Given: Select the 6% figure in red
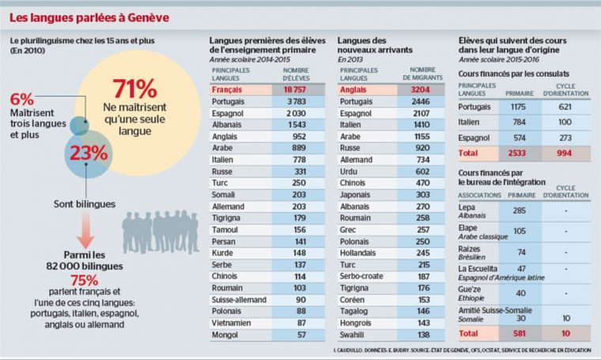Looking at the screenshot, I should click(x=22, y=99).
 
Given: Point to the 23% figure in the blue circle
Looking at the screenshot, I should click(x=88, y=153).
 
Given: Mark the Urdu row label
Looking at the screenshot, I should click(x=348, y=172).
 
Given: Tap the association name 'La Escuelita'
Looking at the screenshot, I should click(x=478, y=269).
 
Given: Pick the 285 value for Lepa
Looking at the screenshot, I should click(x=520, y=210).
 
